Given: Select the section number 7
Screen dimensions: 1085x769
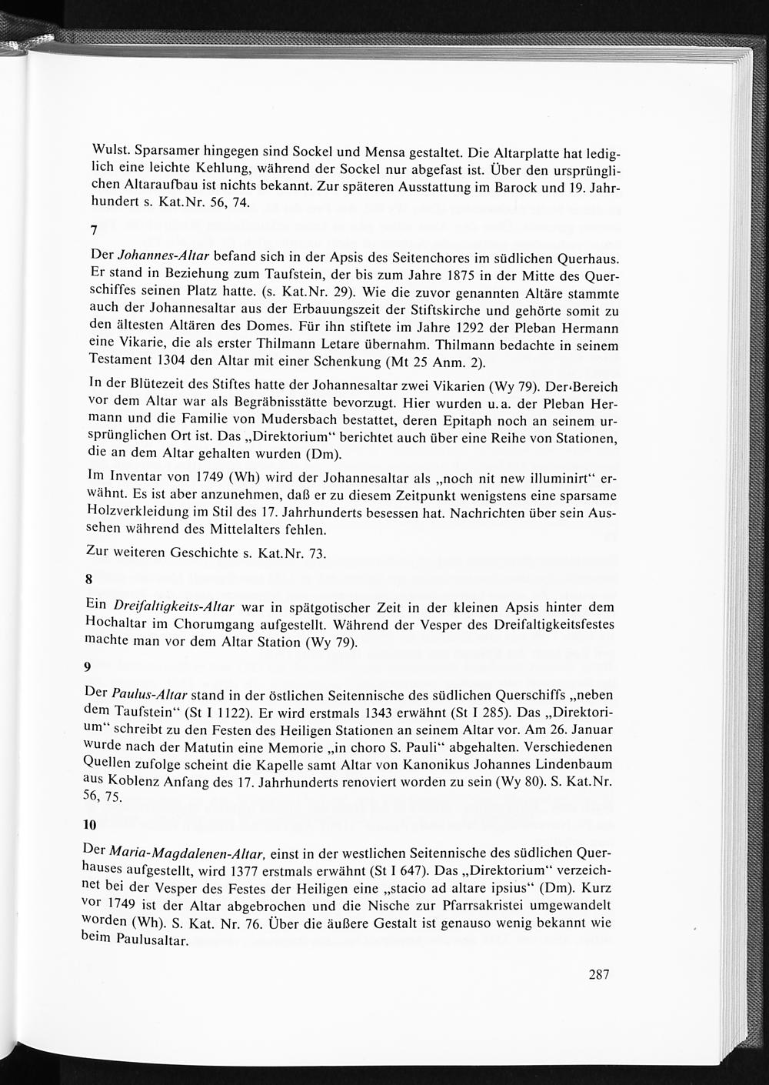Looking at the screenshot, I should pyautogui.click(x=94, y=230).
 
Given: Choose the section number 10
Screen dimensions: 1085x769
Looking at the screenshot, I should pyautogui.click(x=90, y=825).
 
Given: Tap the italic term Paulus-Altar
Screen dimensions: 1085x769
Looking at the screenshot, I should pyautogui.click(x=150, y=693).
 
